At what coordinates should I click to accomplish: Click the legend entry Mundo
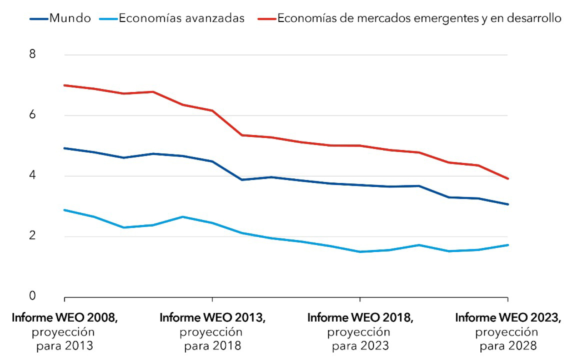(70, 18)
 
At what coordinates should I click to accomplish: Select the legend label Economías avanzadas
(181, 18)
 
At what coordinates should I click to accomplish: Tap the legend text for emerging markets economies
(419, 18)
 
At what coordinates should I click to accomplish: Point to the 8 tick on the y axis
(32, 54)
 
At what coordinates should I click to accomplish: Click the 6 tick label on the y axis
(32, 115)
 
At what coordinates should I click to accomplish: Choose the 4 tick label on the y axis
(32, 176)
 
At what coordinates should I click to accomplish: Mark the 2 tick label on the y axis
(32, 237)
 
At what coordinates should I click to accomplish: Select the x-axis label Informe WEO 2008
(65, 318)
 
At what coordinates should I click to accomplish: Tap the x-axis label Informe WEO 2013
(213, 318)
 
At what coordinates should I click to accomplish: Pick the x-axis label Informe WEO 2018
(360, 318)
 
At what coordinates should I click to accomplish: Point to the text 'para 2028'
(508, 346)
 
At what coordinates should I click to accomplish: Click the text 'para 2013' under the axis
(65, 346)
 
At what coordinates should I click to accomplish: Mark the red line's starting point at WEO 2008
(65, 85)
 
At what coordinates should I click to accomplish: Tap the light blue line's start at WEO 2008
(65, 210)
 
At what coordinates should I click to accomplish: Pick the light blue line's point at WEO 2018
(360, 252)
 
